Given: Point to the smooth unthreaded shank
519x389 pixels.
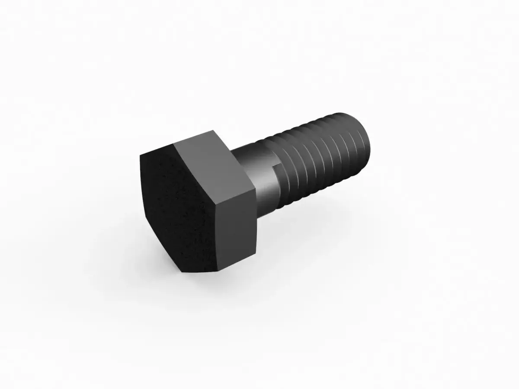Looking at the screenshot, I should pos(259,173).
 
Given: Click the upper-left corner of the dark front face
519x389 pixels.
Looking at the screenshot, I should pos(141,155).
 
